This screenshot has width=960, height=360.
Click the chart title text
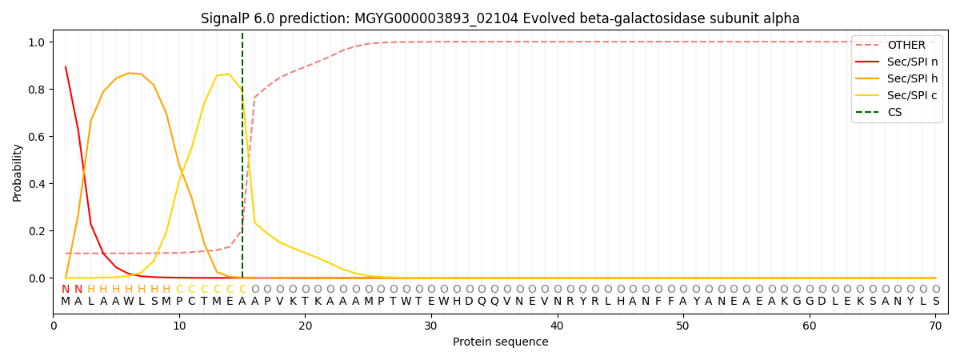coord(500,18)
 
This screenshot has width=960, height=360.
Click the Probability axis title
coord(17,172)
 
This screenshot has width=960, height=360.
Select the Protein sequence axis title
coord(500,342)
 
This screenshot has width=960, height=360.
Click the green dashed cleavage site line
coord(242,160)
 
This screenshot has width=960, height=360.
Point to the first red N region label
coord(66,290)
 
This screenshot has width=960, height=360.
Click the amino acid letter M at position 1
coord(66,302)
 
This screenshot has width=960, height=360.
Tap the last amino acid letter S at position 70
coord(935,302)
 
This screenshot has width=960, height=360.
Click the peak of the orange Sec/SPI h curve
coord(129,73)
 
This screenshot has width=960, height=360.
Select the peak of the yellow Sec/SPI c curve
coord(230,74)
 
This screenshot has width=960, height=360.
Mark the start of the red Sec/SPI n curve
coord(66,67)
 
